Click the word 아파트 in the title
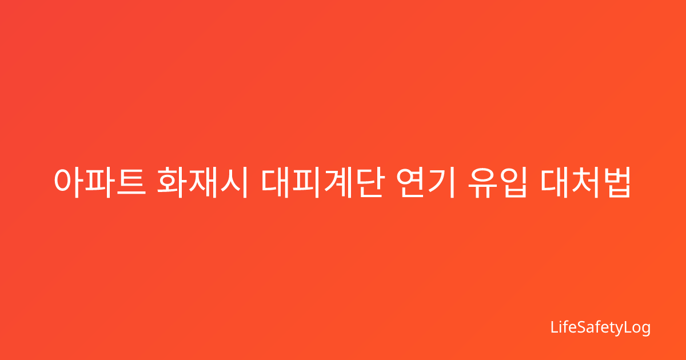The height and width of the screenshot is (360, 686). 100,182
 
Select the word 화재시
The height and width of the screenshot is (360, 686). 202,182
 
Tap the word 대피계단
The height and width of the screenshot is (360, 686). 322,182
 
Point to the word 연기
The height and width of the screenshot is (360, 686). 425,182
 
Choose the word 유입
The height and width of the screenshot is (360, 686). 498,182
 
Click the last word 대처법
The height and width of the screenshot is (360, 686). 585,182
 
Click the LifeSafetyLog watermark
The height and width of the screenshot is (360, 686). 600,328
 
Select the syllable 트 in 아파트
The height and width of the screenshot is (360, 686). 131,182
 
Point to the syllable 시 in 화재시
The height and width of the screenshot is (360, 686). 234,182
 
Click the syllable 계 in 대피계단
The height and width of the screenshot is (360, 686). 338,182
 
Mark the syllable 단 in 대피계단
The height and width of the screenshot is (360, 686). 370,182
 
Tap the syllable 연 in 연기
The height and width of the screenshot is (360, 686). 411,182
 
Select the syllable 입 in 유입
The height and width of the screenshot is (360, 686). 513,182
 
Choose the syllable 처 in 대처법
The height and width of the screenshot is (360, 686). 585,182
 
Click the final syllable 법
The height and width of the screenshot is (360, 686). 617,182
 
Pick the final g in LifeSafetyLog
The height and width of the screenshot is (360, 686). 645,329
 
